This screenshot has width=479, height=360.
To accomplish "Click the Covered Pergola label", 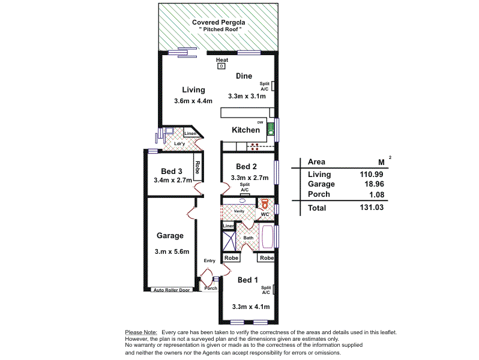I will coord(218,23).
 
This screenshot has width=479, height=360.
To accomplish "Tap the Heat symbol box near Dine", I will coord(221,66).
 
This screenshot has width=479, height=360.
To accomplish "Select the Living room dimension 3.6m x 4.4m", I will coord(193,101).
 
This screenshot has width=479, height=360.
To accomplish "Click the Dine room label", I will coord(244,76).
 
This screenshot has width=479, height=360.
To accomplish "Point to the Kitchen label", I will coord(246,130).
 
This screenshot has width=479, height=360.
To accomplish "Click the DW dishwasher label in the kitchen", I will coord(260,122).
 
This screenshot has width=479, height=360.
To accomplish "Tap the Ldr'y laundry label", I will coord(179,144).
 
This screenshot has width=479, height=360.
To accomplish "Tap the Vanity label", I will coord(239,211).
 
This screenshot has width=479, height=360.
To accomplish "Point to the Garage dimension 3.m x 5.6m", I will coord(172,251).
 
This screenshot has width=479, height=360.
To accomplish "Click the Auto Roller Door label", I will coord(171,290).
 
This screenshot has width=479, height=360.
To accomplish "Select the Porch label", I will coord(211,288).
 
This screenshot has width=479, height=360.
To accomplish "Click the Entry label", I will coord(209,260).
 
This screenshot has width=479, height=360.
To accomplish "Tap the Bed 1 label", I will coord(248,280).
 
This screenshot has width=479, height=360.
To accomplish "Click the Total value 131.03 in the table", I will coord(371,208).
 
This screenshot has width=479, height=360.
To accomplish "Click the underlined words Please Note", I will coord(141,332).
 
